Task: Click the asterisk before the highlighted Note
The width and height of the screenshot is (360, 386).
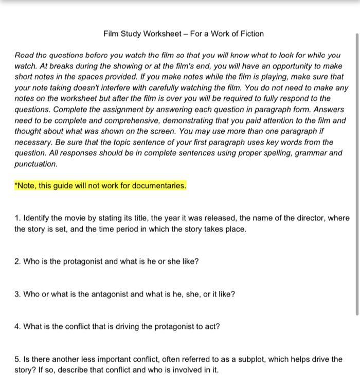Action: click(16, 185)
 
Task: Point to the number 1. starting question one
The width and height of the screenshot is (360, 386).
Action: click(17, 218)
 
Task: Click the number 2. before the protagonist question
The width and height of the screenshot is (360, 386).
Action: click(17, 261)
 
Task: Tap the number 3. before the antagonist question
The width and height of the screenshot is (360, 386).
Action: click(17, 294)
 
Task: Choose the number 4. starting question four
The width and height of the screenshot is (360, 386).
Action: click(17, 327)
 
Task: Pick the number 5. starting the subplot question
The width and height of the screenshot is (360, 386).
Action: click(17, 359)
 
